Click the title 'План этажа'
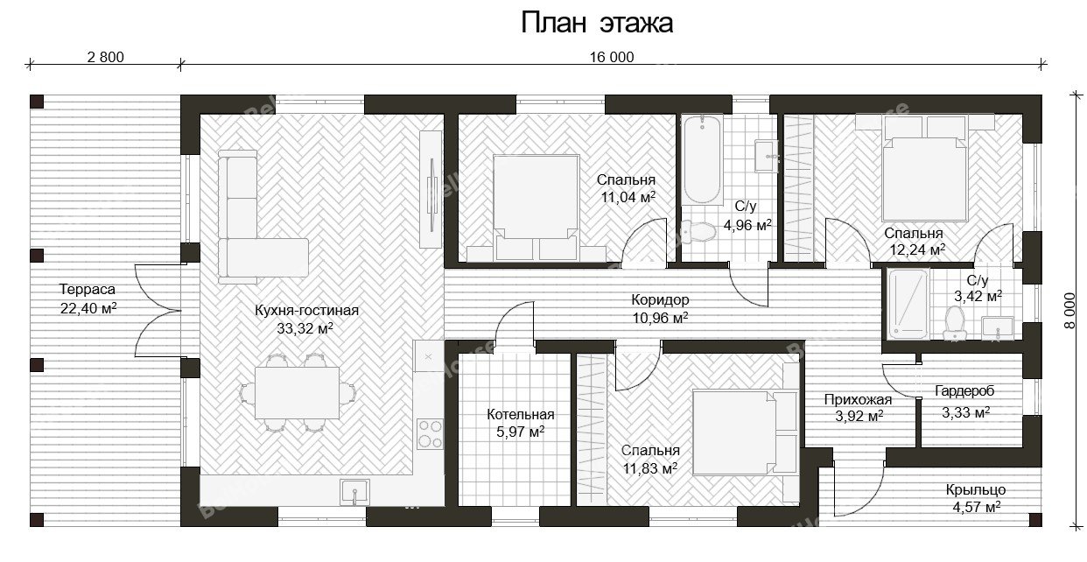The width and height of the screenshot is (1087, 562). click(597, 23)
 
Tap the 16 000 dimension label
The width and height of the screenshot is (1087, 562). click(612, 57)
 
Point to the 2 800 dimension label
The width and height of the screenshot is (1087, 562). click(105, 57)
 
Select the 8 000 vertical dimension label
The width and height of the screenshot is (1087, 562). click(1070, 311)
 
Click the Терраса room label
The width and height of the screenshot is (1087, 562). click(88, 289)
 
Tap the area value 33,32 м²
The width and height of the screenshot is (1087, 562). click(305, 328)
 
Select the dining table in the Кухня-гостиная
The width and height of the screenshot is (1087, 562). click(297, 393)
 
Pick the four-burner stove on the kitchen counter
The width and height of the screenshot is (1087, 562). click(430, 433)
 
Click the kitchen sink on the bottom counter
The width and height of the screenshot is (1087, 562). click(354, 492)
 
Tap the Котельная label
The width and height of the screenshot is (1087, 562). click(520, 414)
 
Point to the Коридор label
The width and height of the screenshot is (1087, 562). click(660, 300)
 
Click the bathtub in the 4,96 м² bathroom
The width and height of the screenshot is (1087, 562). click(702, 159)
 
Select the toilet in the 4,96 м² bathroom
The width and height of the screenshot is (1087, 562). click(698, 231)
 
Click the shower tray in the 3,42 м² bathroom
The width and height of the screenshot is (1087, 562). click(908, 304)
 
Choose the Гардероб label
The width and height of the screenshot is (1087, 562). click(964, 390)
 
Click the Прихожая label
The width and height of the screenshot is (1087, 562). click(858, 399)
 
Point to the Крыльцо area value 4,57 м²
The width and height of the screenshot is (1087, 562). click(977, 508)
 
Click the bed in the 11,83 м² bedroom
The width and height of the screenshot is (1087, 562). click(746, 432)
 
